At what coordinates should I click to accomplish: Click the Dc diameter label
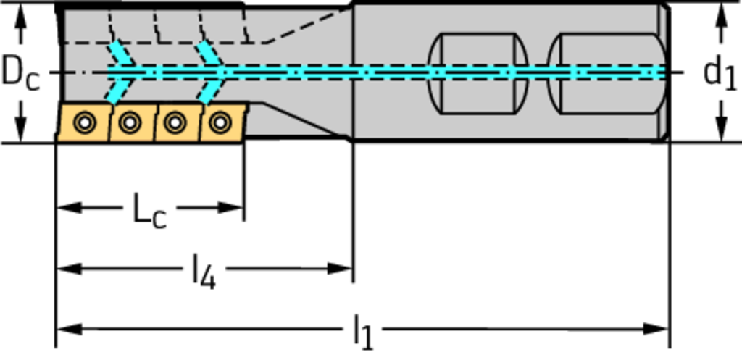pyautogui.click(x=20, y=72)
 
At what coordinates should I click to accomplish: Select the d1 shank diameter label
pyautogui.click(x=720, y=72)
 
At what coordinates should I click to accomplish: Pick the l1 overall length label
pyautogui.click(x=362, y=332)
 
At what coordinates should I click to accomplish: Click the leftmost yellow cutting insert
pyautogui.click(x=83, y=122)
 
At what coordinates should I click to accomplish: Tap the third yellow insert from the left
pyautogui.click(x=174, y=123)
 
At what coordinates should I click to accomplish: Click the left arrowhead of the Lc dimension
pyautogui.click(x=64, y=208)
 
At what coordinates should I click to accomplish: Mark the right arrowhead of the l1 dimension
pyautogui.click(x=660, y=330)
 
